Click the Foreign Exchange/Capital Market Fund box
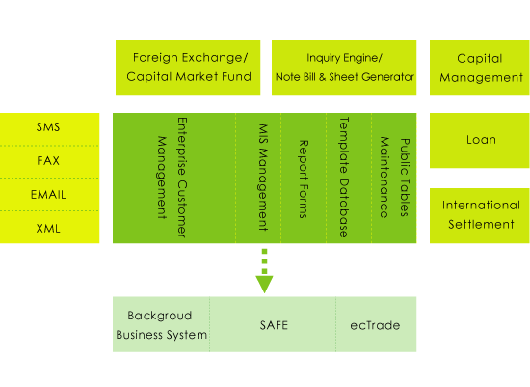tap(188, 67)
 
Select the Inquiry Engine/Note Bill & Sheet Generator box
tap(344, 67)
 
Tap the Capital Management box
tap(480, 67)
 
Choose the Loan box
tap(480, 140)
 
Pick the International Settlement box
tap(480, 215)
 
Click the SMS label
tap(48, 127)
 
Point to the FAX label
tap(48, 160)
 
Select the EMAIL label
tap(48, 195)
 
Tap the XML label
tap(48, 229)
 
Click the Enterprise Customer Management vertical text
tap(172, 178)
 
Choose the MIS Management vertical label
tap(263, 178)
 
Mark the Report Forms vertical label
tap(304, 180)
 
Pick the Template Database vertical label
tap(344, 178)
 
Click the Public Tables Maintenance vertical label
tap(394, 178)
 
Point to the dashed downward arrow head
tap(264, 285)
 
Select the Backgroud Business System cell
tap(161, 324)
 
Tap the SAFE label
tap(274, 325)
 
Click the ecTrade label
tap(375, 325)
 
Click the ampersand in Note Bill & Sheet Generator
tap(322, 77)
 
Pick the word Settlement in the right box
tap(481, 224)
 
